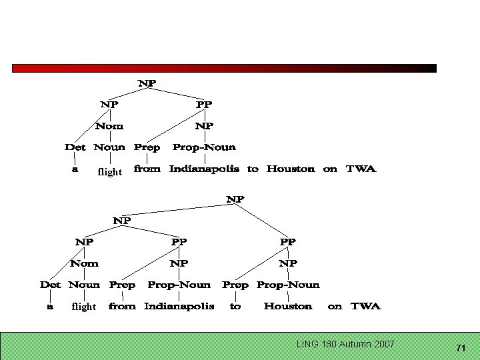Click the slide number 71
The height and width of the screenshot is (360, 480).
pyautogui.click(x=461, y=349)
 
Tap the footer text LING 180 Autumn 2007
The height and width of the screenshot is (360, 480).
pyautogui.click(x=345, y=344)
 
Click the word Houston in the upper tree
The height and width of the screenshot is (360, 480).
pyautogui.click(x=291, y=169)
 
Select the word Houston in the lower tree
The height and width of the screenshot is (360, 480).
pyautogui.click(x=288, y=306)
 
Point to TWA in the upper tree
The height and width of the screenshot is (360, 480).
pyautogui.click(x=361, y=169)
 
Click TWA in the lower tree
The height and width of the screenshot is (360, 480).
pyautogui.click(x=365, y=306)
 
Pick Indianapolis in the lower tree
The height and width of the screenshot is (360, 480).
pyautogui.click(x=179, y=306)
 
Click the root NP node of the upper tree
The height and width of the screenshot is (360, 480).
pyautogui.click(x=147, y=83)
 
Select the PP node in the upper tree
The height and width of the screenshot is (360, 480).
pyautogui.click(x=204, y=105)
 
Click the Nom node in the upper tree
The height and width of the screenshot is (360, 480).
pyautogui.click(x=109, y=126)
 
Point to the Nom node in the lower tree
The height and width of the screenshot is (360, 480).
pyautogui.click(x=84, y=263)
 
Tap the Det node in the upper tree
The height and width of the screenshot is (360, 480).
pyautogui.click(x=75, y=147)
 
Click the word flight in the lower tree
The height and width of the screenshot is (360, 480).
pyautogui.click(x=84, y=307)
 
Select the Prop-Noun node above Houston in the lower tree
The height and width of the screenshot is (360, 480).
pyautogui.click(x=288, y=285)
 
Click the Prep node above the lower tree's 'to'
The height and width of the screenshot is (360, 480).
pyautogui.click(x=235, y=285)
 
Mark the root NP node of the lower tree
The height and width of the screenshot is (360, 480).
pyautogui.click(x=235, y=199)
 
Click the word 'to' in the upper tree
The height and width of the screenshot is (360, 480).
pyautogui.click(x=253, y=169)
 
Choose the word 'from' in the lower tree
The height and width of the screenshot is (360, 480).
pyautogui.click(x=122, y=306)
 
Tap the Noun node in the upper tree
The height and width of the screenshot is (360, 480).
pyautogui.click(x=109, y=147)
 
